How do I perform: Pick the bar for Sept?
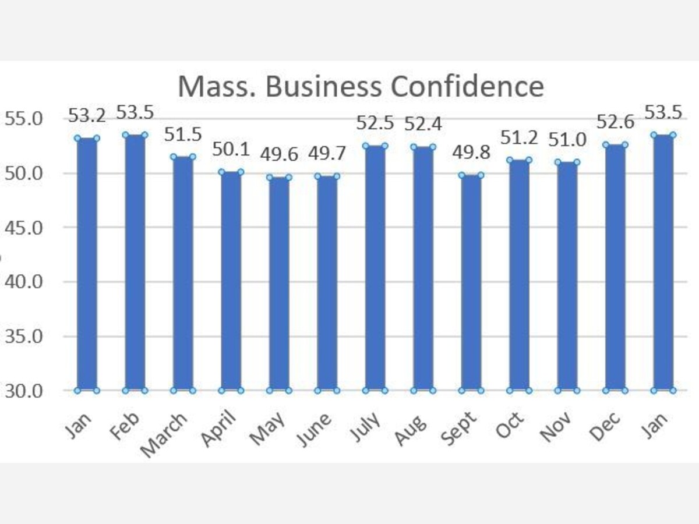tap(471, 282)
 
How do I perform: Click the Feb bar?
tap(135, 262)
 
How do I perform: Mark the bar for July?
tap(375, 268)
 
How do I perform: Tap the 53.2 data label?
tap(87, 115)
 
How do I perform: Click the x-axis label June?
tap(316, 428)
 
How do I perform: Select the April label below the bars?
tap(219, 430)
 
